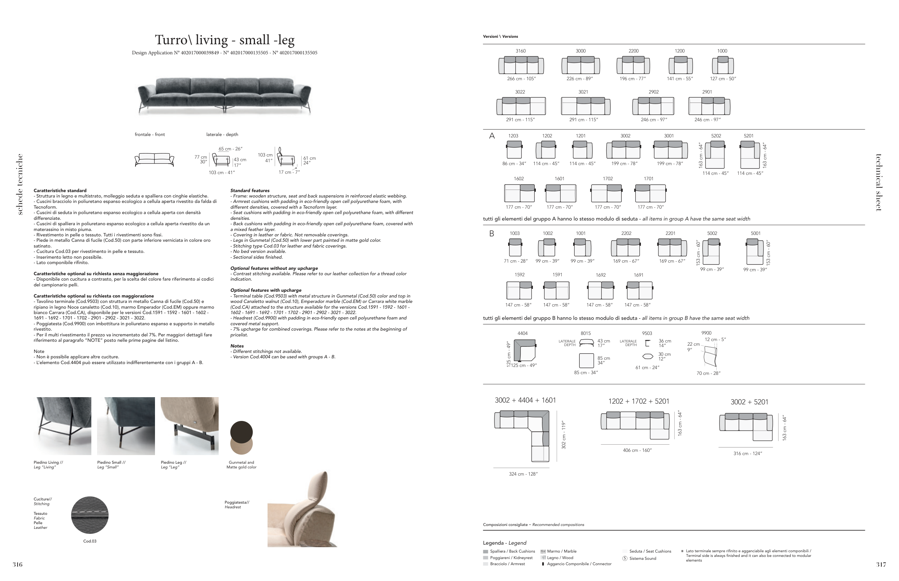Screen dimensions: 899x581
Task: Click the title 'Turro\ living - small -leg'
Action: click(225, 40)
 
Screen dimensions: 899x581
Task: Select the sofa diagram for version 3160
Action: click(521, 65)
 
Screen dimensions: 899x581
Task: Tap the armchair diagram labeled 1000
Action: click(722, 65)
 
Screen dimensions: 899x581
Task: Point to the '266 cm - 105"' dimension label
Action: click(521, 79)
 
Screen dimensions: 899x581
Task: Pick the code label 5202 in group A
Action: click(716, 136)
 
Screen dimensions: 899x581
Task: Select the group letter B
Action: click(491, 234)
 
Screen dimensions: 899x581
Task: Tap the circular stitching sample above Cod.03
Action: click(90, 515)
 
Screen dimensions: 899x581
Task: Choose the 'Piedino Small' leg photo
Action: click(126, 426)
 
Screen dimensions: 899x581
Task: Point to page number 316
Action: click(18, 564)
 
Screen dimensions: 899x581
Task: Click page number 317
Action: click(881, 564)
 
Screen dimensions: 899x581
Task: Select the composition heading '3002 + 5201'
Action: click(749, 402)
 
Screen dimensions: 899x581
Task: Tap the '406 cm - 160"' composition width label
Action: click(637, 450)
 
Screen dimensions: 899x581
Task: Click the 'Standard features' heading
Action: click(250, 191)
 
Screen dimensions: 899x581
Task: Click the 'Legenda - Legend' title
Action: click(505, 543)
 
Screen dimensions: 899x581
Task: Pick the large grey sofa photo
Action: click(225, 95)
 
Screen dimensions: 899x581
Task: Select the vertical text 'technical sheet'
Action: click(878, 183)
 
